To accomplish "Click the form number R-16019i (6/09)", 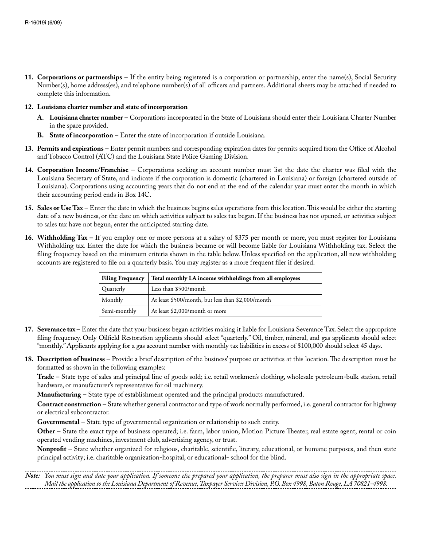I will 43,23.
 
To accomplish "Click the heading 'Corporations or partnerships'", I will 79,77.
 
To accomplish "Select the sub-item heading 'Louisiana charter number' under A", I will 86,117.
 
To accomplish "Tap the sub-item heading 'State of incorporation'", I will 81,135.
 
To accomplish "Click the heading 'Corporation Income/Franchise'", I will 82,170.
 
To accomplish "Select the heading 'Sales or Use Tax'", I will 60,208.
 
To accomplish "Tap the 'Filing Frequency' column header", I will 123,278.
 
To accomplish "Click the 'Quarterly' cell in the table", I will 113,289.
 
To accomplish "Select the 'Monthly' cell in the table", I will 112,300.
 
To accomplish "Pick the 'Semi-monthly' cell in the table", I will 119,311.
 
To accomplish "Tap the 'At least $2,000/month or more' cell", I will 188,311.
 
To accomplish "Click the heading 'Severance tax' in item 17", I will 56,330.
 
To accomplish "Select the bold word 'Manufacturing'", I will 59,394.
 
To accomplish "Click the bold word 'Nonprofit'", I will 52,449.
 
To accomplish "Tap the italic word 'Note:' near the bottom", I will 33,475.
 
